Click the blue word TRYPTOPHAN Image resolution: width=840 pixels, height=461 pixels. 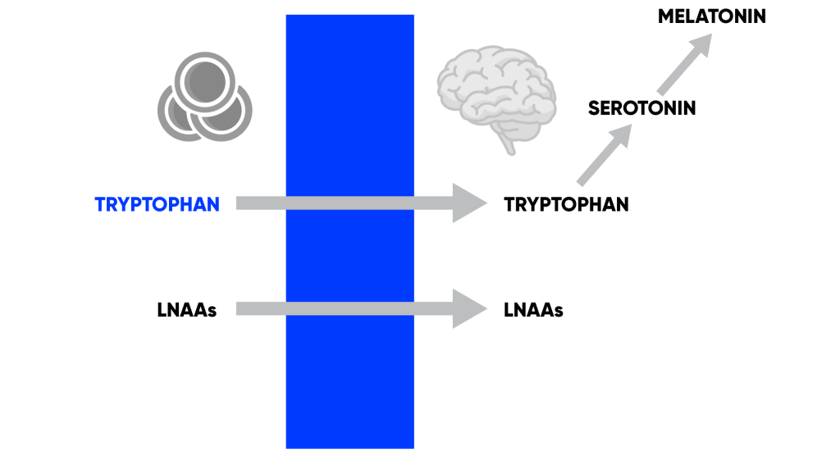pyautogui.click(x=157, y=204)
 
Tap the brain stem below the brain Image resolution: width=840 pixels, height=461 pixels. pyautogui.click(x=509, y=145)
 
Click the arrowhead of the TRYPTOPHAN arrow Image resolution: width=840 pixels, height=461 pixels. pyautogui.click(x=469, y=203)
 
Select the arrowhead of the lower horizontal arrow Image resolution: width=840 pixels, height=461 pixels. pyautogui.click(x=469, y=308)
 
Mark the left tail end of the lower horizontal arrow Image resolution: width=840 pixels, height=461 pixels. pyautogui.click(x=240, y=308)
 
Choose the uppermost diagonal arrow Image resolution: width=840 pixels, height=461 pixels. pyautogui.click(x=684, y=64)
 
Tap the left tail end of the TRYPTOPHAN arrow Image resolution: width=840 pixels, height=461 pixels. pyautogui.click(x=240, y=203)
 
